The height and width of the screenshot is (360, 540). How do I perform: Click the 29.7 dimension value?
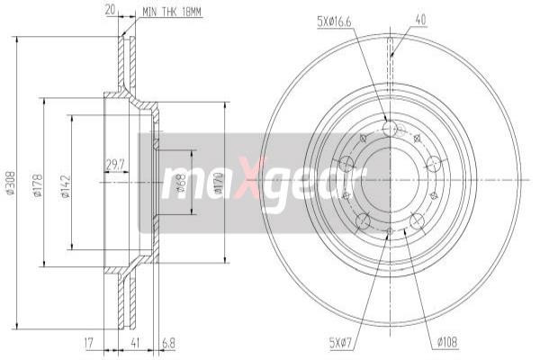point(114,164)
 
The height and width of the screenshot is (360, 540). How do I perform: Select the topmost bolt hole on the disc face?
point(390,130)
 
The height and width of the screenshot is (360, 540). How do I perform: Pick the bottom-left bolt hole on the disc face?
point(363,221)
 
